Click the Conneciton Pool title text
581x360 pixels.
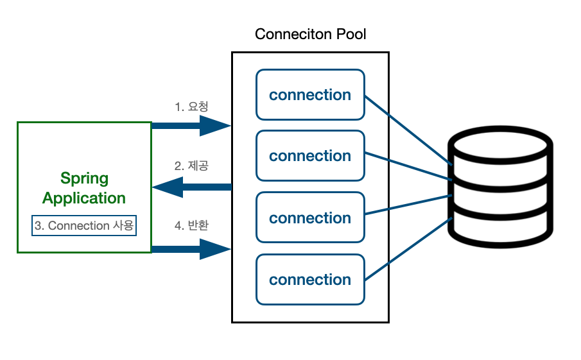(310, 34)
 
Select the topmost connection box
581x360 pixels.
(310, 95)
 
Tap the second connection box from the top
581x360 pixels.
(310, 156)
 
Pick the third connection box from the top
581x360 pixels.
(310, 218)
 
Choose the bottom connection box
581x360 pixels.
(310, 280)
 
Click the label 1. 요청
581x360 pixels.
(191, 107)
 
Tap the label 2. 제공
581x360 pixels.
(191, 166)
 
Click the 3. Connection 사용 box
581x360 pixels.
(84, 226)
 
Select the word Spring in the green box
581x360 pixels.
(84, 178)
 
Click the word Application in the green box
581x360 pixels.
(84, 198)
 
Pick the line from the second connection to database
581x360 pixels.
(408, 166)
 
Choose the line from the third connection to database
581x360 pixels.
(408, 204)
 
